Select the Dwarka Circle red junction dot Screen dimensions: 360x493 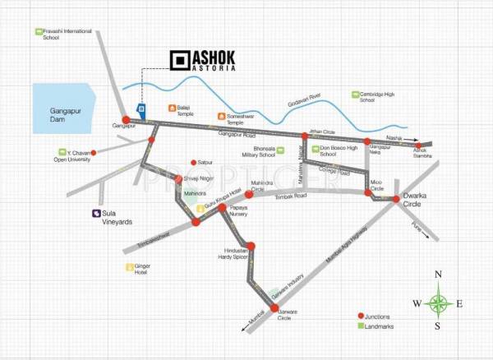395,199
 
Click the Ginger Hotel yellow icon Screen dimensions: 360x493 129,267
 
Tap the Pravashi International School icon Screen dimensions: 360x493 38,32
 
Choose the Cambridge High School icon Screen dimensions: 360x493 355,95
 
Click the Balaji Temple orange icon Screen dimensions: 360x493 171,107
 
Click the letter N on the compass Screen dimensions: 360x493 439,275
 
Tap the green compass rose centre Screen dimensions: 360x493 439,303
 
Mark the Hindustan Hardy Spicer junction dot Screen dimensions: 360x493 252,245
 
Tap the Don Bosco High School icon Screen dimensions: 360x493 302,149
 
